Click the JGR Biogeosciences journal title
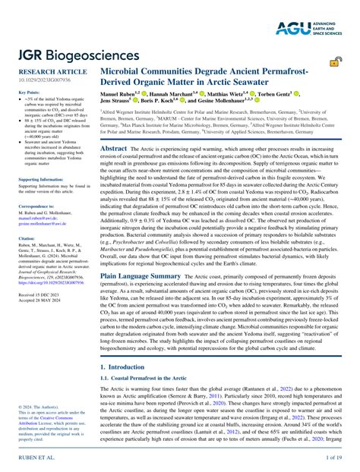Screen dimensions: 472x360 80,55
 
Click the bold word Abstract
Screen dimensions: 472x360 115,149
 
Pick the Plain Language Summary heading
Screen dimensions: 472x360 141,277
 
